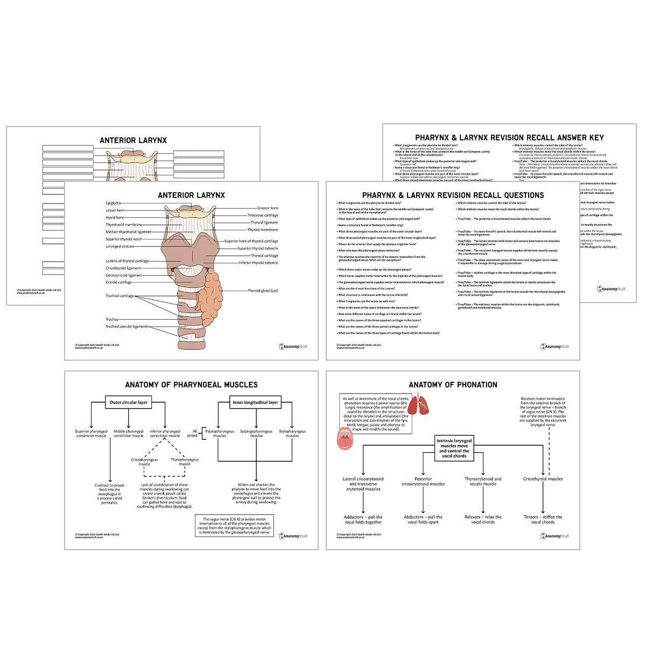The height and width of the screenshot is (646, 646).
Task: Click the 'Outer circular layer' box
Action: coord(128,402)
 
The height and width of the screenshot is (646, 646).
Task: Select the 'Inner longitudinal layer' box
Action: coord(255,402)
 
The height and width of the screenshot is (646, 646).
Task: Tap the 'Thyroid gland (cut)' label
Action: coord(263,291)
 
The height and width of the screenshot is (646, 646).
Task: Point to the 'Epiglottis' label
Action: coord(114,203)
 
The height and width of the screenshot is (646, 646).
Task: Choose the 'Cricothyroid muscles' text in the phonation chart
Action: coord(543,479)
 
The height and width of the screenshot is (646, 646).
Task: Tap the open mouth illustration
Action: coord(345,439)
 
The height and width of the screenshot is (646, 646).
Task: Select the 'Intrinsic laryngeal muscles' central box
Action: coord(453,447)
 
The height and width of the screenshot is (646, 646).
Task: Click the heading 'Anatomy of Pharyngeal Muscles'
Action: coord(191,385)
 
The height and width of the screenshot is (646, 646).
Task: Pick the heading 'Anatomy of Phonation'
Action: coord(453,385)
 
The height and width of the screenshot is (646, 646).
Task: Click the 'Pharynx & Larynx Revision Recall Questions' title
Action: coord(453,195)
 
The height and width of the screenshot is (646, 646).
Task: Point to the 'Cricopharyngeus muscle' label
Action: coord(144,462)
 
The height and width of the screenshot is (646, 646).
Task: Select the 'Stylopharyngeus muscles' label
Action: coord(292,433)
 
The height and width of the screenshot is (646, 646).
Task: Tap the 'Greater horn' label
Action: coord(268,208)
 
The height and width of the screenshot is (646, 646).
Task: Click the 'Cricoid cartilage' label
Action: coord(119,282)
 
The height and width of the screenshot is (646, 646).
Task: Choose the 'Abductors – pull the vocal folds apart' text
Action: coord(423,519)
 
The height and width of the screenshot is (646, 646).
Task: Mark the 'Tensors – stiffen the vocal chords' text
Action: coord(543,519)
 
